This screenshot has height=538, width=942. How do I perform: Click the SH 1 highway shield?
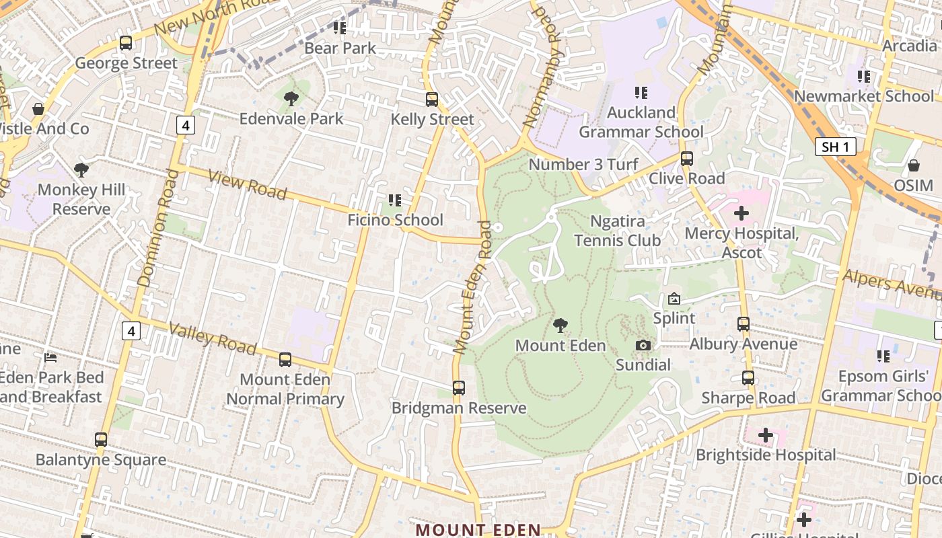tap(835, 147)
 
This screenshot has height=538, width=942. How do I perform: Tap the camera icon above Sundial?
tap(643, 345)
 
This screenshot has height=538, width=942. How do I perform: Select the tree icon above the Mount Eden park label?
tap(560, 325)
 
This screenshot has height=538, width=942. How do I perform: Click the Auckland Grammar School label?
tap(641, 122)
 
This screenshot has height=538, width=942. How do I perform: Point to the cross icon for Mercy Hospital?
tap(741, 213)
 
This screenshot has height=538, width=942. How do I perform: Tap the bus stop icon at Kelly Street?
tap(432, 100)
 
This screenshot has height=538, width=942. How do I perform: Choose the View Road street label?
tap(247, 184)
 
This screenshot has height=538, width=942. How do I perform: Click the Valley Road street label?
tap(213, 338)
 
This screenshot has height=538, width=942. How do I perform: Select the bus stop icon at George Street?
tap(126, 43)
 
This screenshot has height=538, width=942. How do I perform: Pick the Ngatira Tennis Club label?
tap(617, 231)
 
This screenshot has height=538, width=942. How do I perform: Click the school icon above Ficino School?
tap(395, 200)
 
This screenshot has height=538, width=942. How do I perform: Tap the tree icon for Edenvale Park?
tap(291, 99)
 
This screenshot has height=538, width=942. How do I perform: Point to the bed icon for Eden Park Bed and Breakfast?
tap(50, 357)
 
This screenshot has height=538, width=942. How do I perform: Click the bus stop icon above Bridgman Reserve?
tap(459, 388)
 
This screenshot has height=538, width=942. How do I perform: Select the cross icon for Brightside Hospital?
tap(766, 435)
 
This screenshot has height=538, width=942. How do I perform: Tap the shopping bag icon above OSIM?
tap(914, 165)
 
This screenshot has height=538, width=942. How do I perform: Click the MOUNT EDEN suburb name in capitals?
tap(478, 529)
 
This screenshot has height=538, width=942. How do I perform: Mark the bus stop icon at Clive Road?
tap(687, 159)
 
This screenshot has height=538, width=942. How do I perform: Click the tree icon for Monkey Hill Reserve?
tap(81, 169)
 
